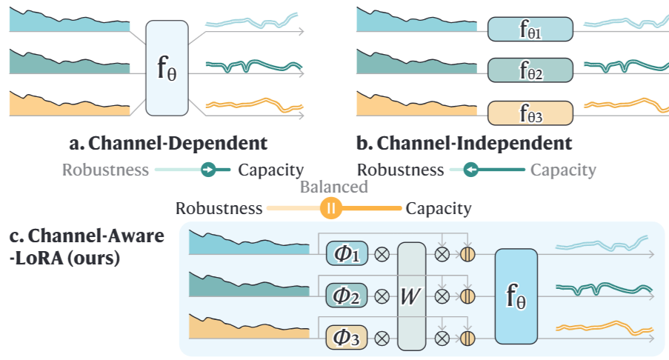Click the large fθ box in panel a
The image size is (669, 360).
[168, 67]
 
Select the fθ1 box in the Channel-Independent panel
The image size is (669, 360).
[530, 30]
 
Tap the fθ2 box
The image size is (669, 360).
[530, 71]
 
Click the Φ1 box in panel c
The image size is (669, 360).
[347, 255]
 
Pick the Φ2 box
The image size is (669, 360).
[347, 296]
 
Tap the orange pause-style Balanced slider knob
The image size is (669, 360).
[332, 208]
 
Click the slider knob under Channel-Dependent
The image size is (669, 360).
[210, 170]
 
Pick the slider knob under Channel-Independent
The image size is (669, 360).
[469, 170]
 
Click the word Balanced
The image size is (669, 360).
[333, 187]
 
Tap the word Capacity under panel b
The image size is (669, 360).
[563, 170]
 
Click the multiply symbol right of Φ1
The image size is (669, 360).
[382, 255]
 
